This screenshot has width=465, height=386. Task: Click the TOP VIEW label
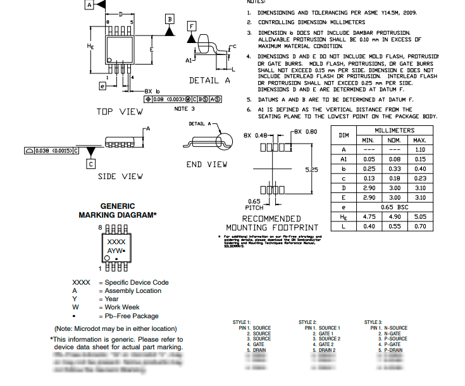(x=120, y=111)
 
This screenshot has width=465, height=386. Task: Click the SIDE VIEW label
(x=120, y=177)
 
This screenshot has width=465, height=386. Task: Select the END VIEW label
(x=207, y=165)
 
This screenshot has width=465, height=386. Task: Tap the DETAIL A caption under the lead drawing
(x=209, y=81)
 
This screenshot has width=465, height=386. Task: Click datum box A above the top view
(x=89, y=4)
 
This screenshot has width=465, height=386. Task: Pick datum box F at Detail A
(x=192, y=25)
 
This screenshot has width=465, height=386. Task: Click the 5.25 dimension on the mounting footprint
(x=311, y=170)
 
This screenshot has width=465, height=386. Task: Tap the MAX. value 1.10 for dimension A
(x=419, y=149)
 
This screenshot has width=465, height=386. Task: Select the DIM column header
(x=344, y=135)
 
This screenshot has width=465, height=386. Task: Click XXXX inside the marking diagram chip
(x=116, y=242)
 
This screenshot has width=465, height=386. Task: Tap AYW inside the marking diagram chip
(x=116, y=251)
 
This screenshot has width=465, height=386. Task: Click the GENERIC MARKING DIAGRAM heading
(x=118, y=211)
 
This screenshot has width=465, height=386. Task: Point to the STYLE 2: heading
(x=307, y=322)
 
